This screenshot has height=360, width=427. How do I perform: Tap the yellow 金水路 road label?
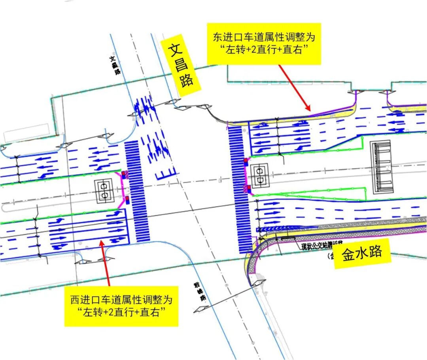point(362,253)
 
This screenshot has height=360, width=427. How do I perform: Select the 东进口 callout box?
point(264,44)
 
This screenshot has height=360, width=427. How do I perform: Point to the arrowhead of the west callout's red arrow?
point(102,242)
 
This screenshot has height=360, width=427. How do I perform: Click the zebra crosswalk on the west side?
point(136,191)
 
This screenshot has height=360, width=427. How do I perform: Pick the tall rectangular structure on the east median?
point(382,167)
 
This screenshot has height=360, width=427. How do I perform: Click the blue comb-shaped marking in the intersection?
point(166,174)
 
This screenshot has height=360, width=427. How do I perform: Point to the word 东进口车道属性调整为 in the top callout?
point(264,37)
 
